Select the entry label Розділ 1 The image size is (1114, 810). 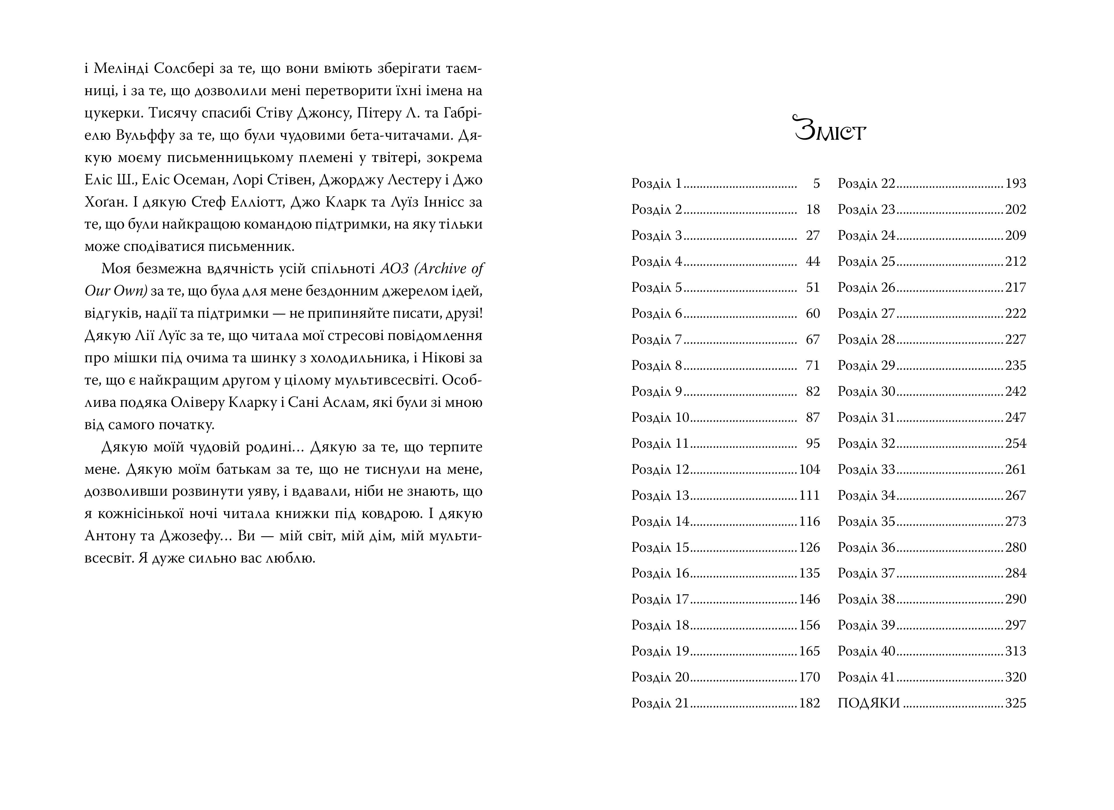coord(657,184)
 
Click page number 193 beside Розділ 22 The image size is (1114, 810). coord(1015,184)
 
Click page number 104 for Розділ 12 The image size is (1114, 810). coord(809,470)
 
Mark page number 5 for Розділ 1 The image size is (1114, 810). coord(816,184)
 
